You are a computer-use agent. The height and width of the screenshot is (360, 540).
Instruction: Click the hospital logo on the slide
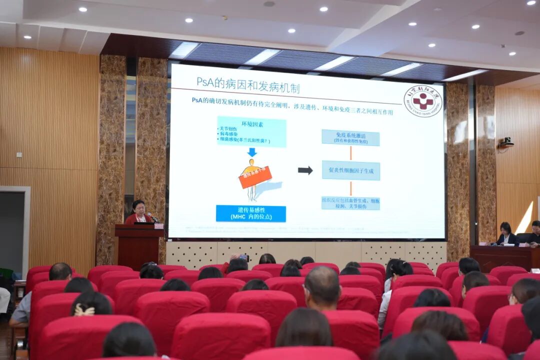(x=423, y=101)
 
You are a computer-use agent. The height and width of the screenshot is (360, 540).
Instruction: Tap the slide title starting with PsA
(x=248, y=85)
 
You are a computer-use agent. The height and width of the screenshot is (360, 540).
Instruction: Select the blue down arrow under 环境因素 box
(x=251, y=152)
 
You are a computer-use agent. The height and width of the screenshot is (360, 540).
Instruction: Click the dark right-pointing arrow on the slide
(x=305, y=170)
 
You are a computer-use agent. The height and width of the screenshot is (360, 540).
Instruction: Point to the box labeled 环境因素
(x=251, y=131)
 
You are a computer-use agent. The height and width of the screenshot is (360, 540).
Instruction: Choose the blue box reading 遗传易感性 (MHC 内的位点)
(x=250, y=213)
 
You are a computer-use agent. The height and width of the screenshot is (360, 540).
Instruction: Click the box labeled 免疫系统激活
(x=350, y=137)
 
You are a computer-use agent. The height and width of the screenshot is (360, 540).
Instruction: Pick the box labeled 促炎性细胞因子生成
(x=350, y=170)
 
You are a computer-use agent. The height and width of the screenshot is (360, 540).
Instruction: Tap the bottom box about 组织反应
(x=350, y=203)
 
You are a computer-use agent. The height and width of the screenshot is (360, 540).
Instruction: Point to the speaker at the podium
(x=138, y=212)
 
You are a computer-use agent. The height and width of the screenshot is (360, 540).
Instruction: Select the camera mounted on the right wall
(x=506, y=142)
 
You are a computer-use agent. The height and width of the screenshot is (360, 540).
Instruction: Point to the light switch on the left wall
(x=19, y=154)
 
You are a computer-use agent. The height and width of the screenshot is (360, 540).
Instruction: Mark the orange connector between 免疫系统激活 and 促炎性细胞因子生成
(x=350, y=153)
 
